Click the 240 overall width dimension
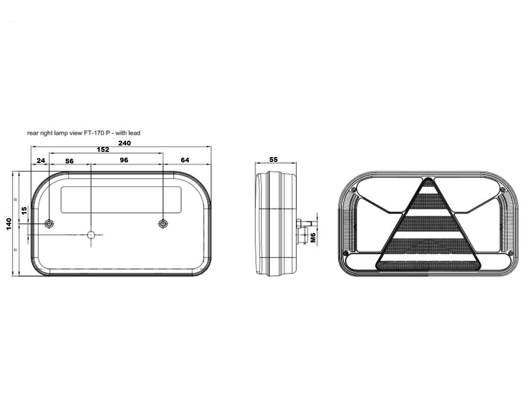click(125, 143)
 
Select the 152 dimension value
click(103, 149)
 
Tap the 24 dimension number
click(41, 161)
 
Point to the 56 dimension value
click(69, 161)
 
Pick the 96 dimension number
click(124, 160)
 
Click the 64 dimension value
click(185, 160)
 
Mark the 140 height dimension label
click(9, 224)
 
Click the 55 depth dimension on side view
click(273, 159)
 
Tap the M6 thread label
click(313, 238)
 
